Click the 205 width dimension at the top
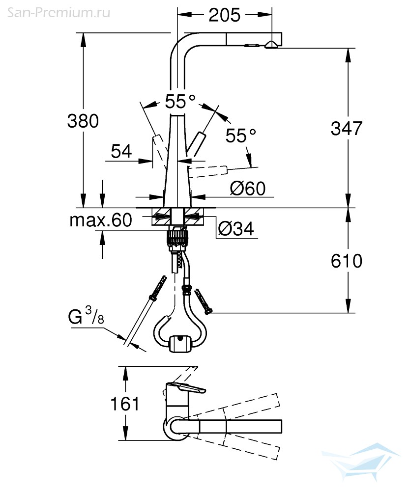tap(225, 15)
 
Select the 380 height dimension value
tap(83, 121)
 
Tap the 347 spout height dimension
tap(347, 128)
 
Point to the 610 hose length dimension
tap(347, 261)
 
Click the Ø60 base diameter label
tap(248, 188)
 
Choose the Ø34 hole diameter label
tap(235, 229)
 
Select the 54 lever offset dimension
tap(121, 151)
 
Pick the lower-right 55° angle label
tap(241, 136)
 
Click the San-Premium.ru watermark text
tap(59, 13)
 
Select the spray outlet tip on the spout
tap(271, 45)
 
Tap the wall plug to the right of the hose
tap(203, 301)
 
